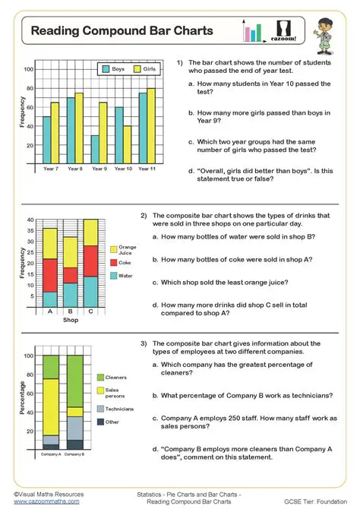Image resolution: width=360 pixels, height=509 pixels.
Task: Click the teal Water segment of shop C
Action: point(90,291)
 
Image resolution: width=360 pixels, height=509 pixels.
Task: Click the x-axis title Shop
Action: point(70,320)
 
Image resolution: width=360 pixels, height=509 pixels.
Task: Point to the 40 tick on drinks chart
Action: point(31,220)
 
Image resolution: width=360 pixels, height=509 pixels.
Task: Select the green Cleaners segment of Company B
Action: point(74,381)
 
